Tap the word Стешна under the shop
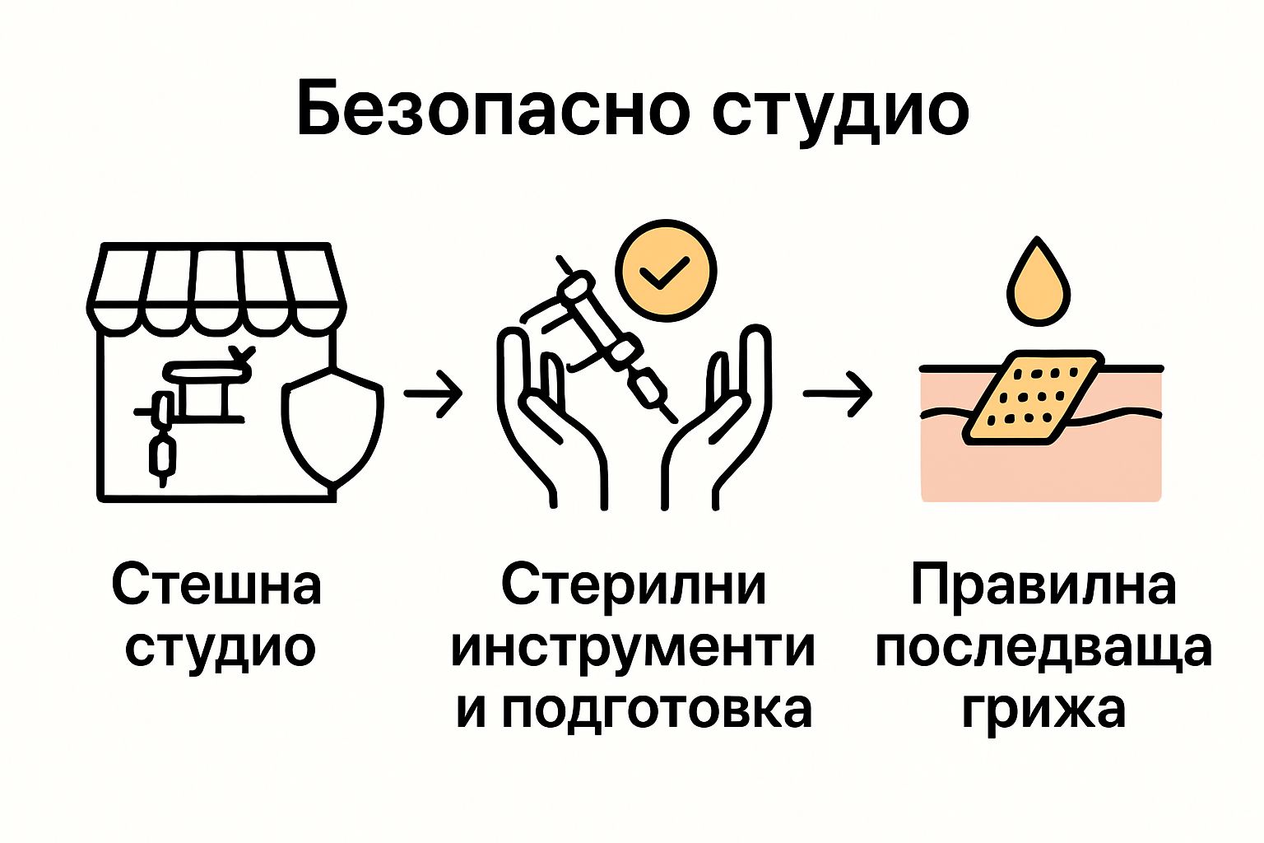(x=216, y=585)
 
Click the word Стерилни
(x=633, y=585)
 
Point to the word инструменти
(x=633, y=648)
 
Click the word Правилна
(x=1043, y=585)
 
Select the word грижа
(x=1043, y=710)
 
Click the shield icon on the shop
(x=332, y=424)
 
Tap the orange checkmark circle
(x=666, y=271)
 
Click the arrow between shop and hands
(x=433, y=394)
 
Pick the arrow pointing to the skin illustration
(x=837, y=394)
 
